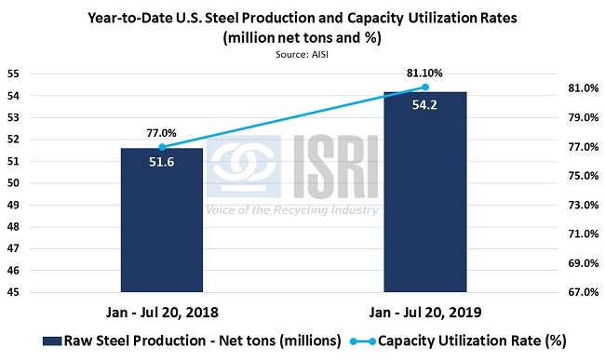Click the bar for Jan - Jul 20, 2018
[x=161, y=223]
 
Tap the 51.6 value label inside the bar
[x=161, y=162]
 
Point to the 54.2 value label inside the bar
[x=424, y=105]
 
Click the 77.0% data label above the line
[x=161, y=133]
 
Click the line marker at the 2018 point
[x=161, y=147]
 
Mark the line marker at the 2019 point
[x=424, y=87]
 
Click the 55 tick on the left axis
[x=13, y=73]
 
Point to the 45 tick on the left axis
[x=13, y=292]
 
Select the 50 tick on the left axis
[x=13, y=183]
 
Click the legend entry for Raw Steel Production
[x=186, y=340]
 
